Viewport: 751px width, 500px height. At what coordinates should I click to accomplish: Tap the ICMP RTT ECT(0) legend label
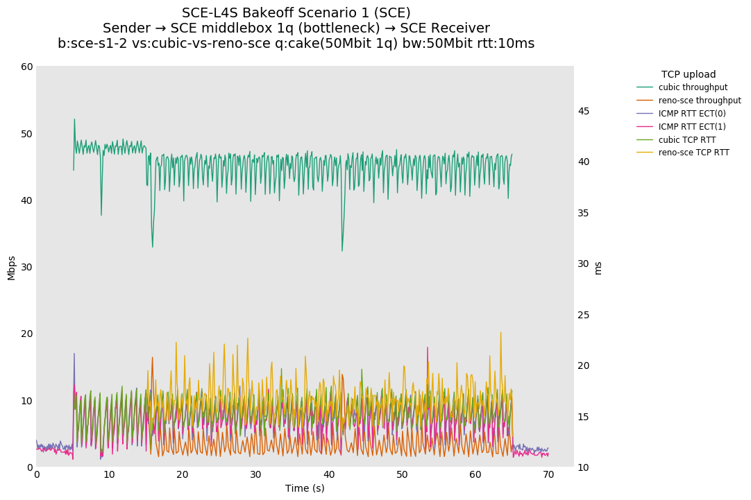pyautogui.click(x=692, y=114)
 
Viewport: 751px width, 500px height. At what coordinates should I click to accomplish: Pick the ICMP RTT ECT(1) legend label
pyautogui.click(x=692, y=127)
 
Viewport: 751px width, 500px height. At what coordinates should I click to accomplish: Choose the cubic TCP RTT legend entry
pyautogui.click(x=687, y=140)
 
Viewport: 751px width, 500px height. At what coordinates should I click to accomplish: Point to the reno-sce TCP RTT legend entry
pyautogui.click(x=693, y=153)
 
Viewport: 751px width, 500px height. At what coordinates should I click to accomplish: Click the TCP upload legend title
pyautogui.click(x=688, y=74)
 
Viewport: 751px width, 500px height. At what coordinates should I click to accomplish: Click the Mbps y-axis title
pyautogui.click(x=11, y=268)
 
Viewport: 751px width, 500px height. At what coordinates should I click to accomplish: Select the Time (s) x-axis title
pyautogui.click(x=305, y=488)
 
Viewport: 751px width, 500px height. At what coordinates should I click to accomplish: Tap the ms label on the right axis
pyautogui.click(x=598, y=268)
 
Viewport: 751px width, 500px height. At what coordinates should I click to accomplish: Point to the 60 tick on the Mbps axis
pyautogui.click(x=27, y=67)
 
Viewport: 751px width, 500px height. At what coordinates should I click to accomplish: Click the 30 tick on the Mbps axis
pyautogui.click(x=27, y=267)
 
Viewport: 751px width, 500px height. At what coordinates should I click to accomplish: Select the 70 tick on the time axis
pyautogui.click(x=548, y=474)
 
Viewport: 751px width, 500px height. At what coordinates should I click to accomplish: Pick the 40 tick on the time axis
pyautogui.click(x=329, y=474)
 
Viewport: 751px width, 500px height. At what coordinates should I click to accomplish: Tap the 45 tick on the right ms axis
pyautogui.click(x=584, y=111)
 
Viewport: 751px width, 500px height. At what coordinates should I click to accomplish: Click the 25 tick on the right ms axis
pyautogui.click(x=584, y=315)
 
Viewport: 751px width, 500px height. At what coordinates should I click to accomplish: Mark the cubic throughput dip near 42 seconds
pyautogui.click(x=342, y=250)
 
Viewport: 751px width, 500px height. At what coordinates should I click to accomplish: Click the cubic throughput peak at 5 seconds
pyautogui.click(x=74, y=119)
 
